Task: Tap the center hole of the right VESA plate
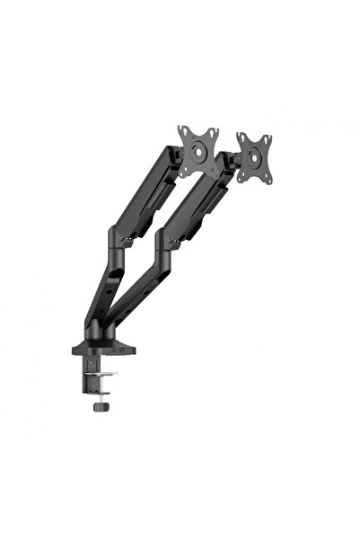(255, 154)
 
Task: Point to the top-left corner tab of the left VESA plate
(182, 130)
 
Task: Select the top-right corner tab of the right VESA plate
(268, 137)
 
